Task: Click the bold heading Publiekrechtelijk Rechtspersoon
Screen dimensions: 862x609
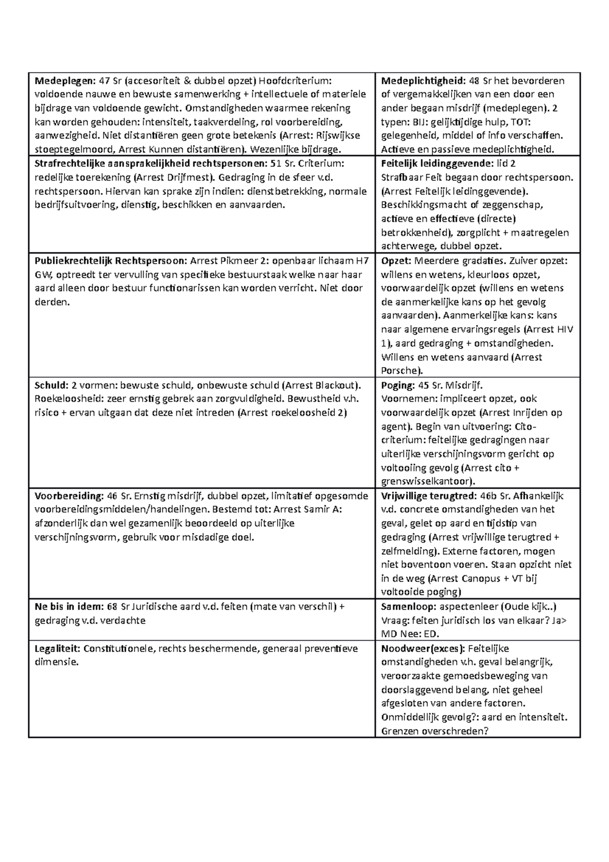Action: click(x=111, y=261)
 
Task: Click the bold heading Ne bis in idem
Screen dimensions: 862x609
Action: click(x=69, y=606)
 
